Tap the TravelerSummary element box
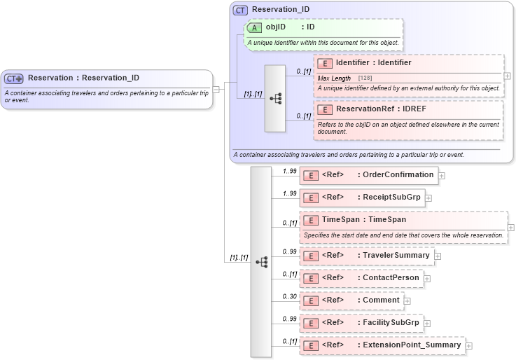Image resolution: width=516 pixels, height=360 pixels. pos(366,256)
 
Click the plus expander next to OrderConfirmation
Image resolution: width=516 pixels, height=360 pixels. pos(442,175)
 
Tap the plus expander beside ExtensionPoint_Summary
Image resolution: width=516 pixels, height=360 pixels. pos(469,346)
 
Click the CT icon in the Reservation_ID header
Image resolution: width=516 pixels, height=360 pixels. pos(240,10)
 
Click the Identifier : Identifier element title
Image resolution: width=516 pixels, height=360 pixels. pos(373,62)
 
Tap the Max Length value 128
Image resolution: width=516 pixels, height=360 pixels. pos(365,78)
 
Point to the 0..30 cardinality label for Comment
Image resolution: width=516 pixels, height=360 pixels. pos(289,296)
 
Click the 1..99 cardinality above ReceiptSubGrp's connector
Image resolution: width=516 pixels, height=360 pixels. pos(289,193)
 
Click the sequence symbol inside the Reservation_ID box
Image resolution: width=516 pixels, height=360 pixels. pos(275,98)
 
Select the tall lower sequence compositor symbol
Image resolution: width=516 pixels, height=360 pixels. pos(260,261)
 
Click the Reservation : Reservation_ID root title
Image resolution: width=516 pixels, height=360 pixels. pos(83,78)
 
